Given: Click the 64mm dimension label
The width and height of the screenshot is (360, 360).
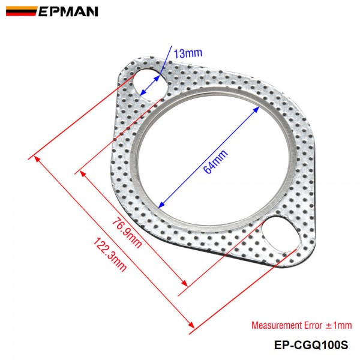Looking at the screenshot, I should (214, 161).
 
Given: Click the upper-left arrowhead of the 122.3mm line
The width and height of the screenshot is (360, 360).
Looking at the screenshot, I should (38, 158).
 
